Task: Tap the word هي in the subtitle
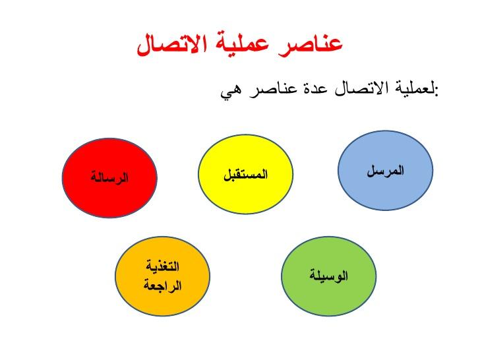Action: [x=233, y=90]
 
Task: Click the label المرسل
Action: [x=386, y=171]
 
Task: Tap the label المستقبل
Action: [x=245, y=175]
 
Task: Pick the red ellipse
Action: [x=109, y=177]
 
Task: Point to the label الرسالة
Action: [x=110, y=177]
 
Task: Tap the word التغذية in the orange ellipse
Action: [x=162, y=268]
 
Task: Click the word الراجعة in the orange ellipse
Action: [x=162, y=285]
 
